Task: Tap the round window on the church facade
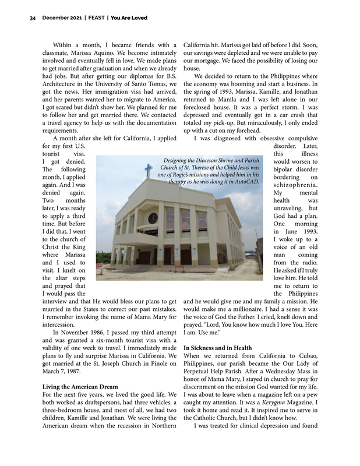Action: [x=153, y=218]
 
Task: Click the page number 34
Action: [x=33, y=18]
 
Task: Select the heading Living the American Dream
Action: [x=80, y=386]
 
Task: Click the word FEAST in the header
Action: [x=97, y=18]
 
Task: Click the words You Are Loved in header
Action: [x=129, y=18]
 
